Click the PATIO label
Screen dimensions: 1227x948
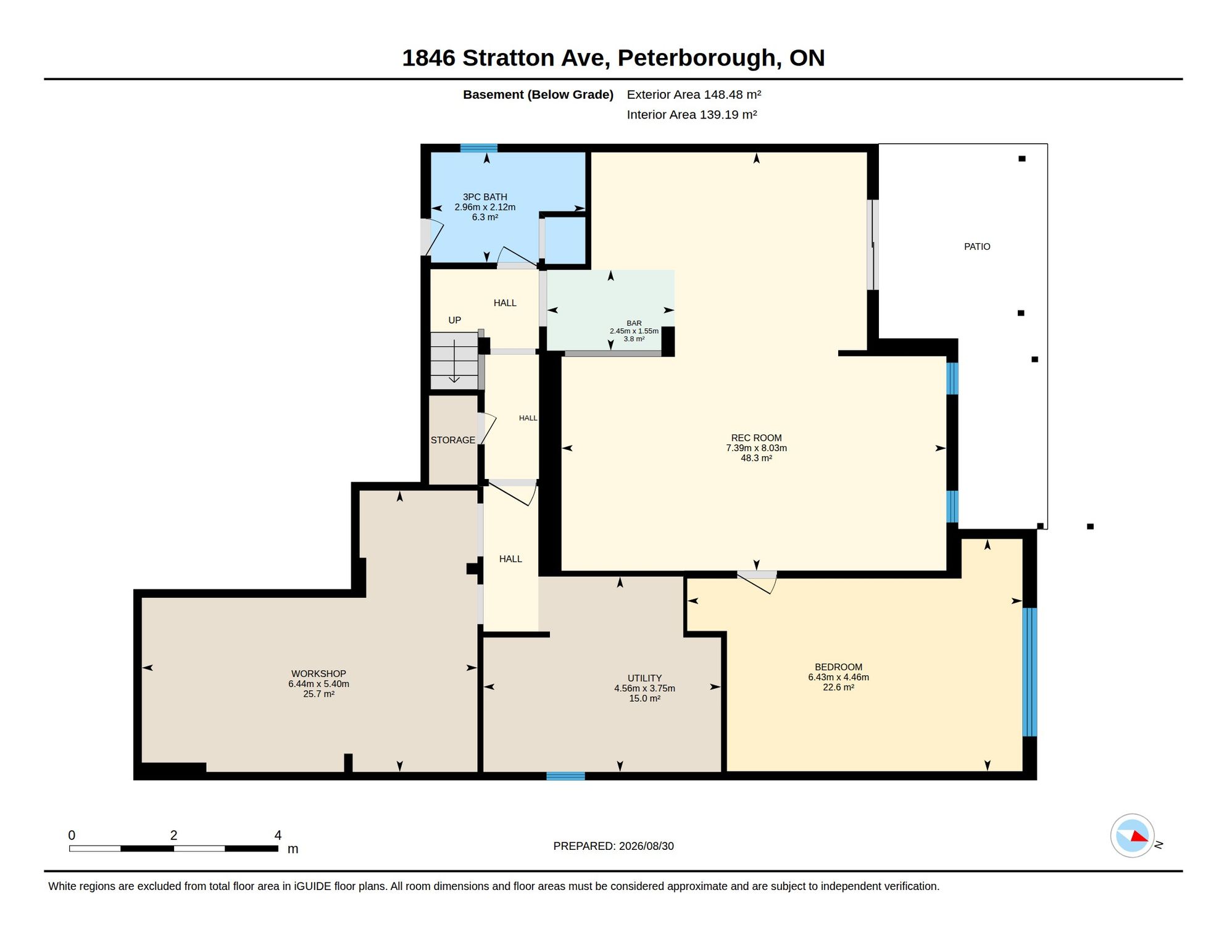point(977,247)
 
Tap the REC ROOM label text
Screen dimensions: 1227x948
point(756,438)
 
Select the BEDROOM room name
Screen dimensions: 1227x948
point(838,667)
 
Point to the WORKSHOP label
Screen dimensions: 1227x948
point(318,674)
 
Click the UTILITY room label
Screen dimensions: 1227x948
point(644,678)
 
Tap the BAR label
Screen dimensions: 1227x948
point(634,323)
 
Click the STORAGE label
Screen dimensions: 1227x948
point(453,440)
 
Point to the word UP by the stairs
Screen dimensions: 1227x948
point(454,320)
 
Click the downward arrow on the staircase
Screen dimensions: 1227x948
point(454,361)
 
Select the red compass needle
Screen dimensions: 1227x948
point(1139,836)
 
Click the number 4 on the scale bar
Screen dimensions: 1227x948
point(278,835)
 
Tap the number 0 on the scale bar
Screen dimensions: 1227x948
point(72,835)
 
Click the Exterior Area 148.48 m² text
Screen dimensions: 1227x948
point(694,94)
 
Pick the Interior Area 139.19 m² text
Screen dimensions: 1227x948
point(692,115)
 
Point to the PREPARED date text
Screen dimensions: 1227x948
point(613,846)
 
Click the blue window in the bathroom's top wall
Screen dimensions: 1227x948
point(478,148)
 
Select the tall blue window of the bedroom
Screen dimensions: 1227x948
point(1029,672)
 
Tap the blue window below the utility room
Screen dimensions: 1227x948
point(565,776)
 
